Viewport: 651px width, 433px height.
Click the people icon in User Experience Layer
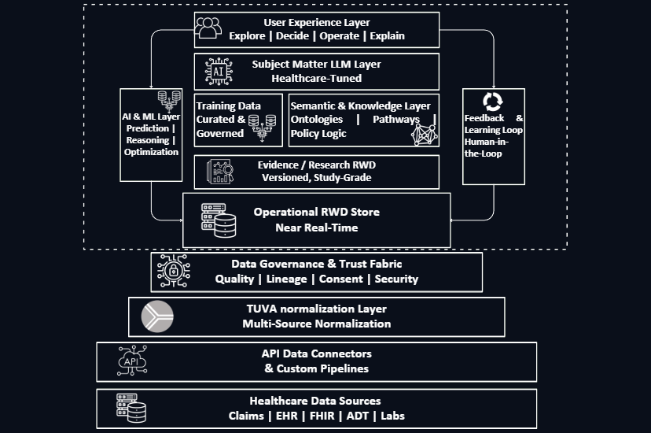209,28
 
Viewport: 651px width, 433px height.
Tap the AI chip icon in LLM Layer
219,71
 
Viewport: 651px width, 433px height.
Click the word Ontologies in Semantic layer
317,119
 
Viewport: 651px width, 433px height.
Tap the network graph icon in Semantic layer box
423,133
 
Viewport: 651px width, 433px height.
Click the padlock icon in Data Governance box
172,272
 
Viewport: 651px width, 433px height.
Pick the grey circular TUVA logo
156,316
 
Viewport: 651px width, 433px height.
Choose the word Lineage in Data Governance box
288,279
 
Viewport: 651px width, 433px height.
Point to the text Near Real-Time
316,228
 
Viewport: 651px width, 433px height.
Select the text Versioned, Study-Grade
316,177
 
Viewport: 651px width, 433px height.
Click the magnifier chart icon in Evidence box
219,172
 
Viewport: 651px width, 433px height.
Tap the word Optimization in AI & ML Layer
152,152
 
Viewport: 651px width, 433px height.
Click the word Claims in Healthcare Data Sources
245,416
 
